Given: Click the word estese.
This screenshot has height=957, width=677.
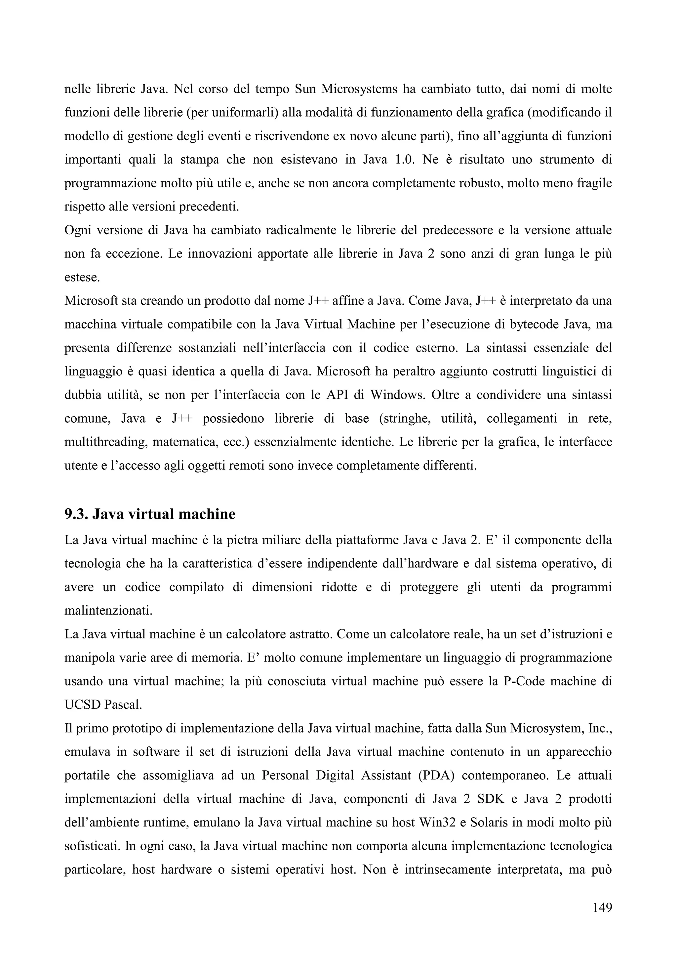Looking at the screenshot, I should point(82,278).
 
